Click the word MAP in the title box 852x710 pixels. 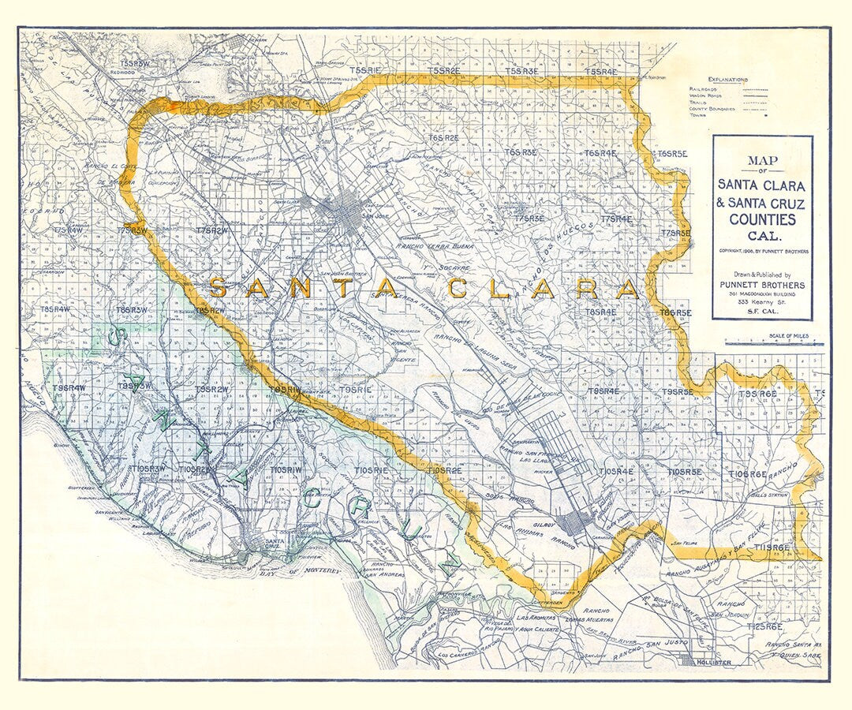762,161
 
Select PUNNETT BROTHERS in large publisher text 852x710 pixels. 762,284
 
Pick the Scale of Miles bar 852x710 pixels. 773,343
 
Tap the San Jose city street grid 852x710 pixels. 344,210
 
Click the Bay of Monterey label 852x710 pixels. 304,570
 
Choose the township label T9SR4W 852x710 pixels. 69,387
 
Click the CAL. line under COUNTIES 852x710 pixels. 762,236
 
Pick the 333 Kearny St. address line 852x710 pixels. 762,302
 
